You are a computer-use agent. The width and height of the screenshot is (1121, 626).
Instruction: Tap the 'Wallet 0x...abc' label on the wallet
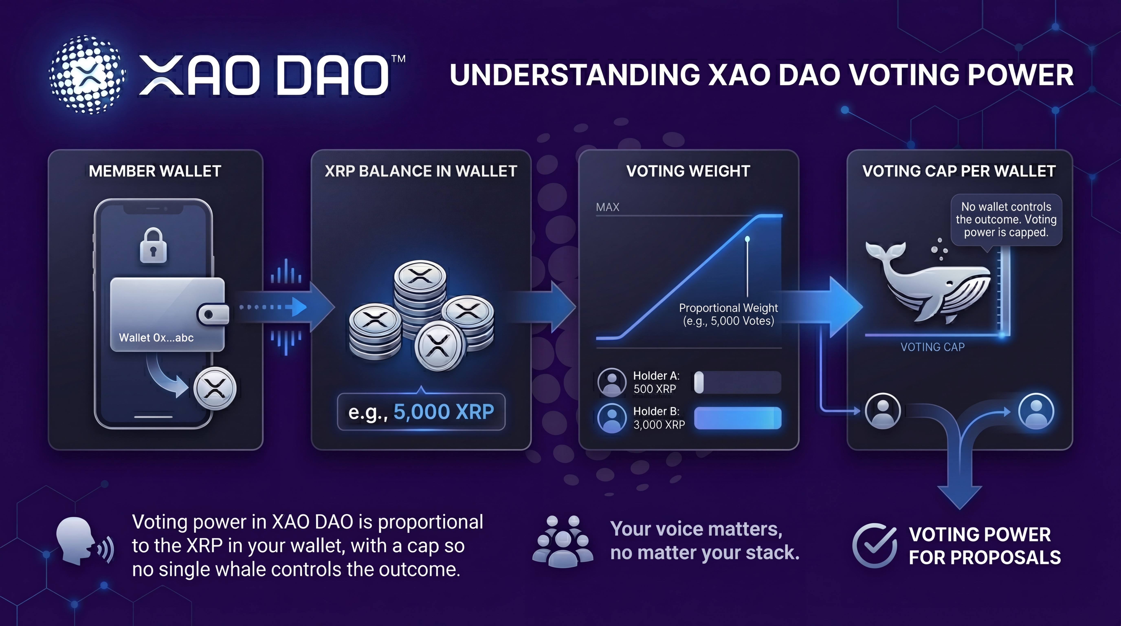click(156, 337)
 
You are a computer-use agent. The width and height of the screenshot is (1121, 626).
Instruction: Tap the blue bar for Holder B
click(738, 418)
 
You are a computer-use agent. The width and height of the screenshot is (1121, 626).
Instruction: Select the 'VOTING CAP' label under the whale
click(932, 347)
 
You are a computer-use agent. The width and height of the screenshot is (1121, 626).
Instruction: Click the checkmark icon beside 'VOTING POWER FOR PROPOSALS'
click(874, 546)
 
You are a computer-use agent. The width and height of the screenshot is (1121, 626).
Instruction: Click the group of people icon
click(563, 541)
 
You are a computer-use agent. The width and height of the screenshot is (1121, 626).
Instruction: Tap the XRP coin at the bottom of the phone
click(214, 388)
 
